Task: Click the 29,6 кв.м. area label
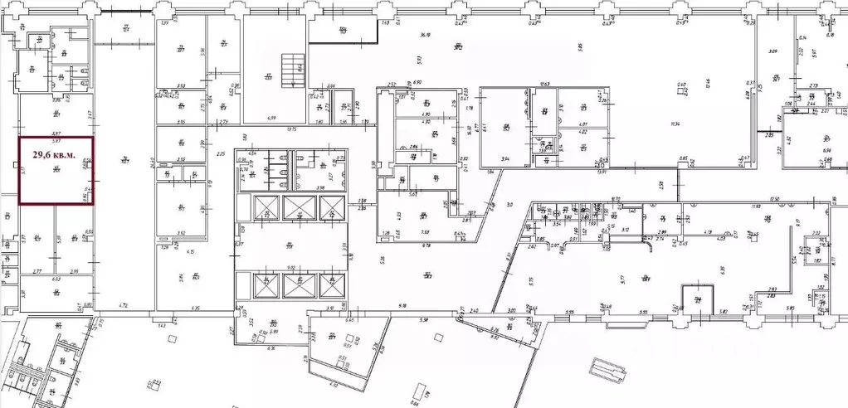click(56, 153)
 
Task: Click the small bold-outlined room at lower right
click(698, 299)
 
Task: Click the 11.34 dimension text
click(675, 124)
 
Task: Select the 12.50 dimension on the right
click(777, 199)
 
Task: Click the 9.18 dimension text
click(402, 307)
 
